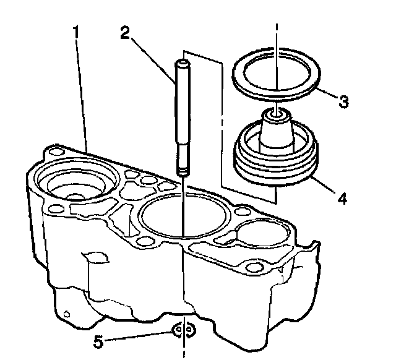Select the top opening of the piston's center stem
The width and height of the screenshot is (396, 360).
(x=276, y=113)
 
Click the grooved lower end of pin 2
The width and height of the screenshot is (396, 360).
(x=184, y=163)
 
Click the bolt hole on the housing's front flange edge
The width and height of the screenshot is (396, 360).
(x=251, y=267)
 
